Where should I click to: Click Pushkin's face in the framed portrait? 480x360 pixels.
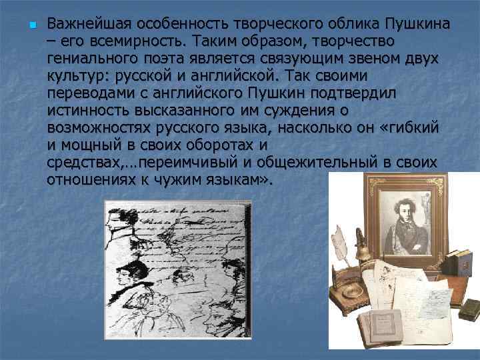click(412, 218)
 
